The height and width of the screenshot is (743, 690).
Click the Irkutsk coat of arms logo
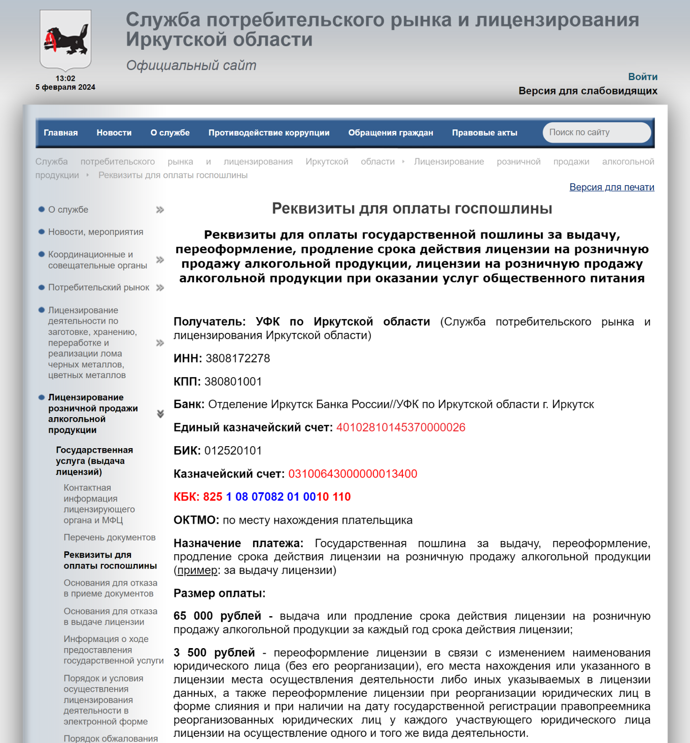tap(65, 40)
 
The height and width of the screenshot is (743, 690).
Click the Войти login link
tap(642, 77)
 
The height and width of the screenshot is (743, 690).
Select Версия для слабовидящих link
tap(588, 91)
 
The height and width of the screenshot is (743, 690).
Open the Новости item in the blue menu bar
tap(114, 132)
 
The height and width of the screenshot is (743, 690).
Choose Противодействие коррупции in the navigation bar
tap(269, 132)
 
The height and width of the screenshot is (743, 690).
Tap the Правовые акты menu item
tap(485, 132)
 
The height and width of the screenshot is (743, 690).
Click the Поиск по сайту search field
tap(596, 132)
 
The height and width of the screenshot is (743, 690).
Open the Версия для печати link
tap(611, 187)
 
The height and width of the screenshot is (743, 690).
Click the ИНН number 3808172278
tap(237, 358)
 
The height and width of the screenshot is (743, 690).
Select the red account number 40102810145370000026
tap(401, 427)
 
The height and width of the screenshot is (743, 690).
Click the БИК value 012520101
tap(233, 451)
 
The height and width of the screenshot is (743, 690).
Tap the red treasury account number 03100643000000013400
tap(353, 474)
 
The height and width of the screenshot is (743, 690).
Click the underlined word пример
tap(197, 570)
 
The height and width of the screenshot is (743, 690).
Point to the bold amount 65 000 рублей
tap(217, 616)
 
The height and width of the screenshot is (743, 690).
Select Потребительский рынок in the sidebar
tap(98, 288)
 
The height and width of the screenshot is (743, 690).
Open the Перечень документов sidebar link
tap(110, 537)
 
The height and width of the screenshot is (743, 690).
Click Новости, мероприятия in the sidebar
tap(95, 232)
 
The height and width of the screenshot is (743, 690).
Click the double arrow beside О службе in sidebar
tap(160, 210)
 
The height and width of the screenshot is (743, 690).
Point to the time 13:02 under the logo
tap(65, 78)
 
